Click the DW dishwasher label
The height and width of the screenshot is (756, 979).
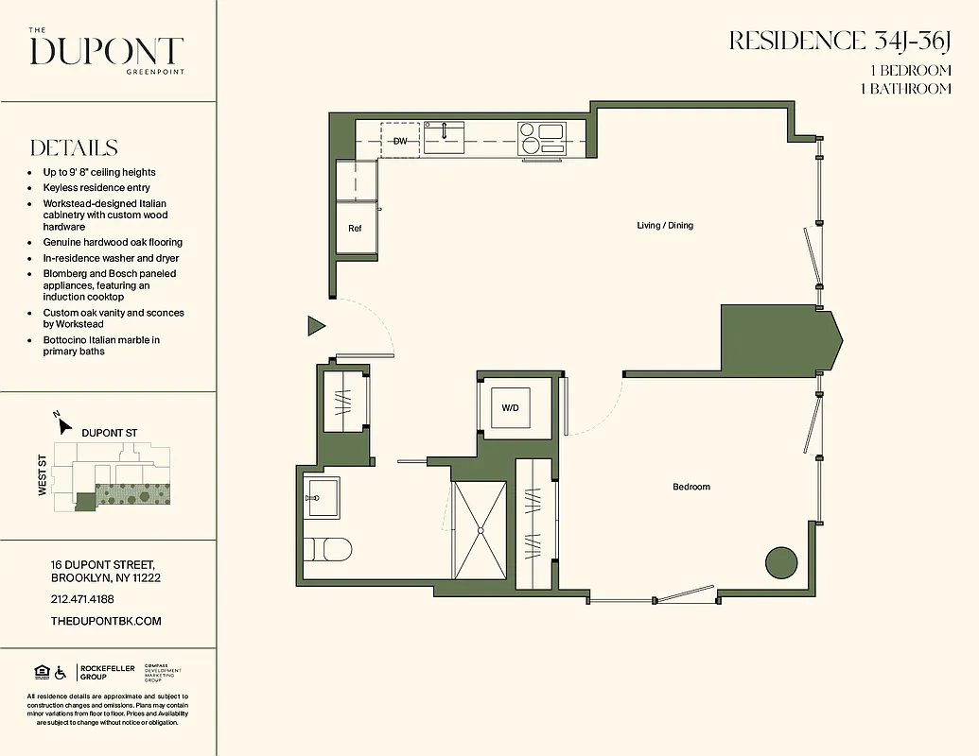pyautogui.click(x=400, y=141)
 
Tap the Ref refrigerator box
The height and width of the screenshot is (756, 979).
pyautogui.click(x=355, y=229)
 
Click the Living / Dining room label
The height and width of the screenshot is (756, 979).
pyautogui.click(x=664, y=225)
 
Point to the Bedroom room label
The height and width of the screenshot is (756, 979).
pyautogui.click(x=691, y=487)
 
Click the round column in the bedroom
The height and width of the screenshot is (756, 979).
pyautogui.click(x=780, y=561)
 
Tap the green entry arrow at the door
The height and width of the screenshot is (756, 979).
pyautogui.click(x=316, y=327)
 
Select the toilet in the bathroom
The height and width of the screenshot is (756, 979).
pyautogui.click(x=327, y=549)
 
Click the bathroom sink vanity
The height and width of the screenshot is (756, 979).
pyautogui.click(x=323, y=497)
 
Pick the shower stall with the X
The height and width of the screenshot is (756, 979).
pyautogui.click(x=481, y=530)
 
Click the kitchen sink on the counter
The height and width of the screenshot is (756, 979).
pyautogui.click(x=444, y=137)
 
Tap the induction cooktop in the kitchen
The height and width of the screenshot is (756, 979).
pyautogui.click(x=541, y=138)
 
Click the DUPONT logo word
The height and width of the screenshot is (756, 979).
pyautogui.click(x=106, y=52)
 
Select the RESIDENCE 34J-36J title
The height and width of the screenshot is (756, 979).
pyautogui.click(x=839, y=41)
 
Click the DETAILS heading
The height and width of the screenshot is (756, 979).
pyautogui.click(x=74, y=148)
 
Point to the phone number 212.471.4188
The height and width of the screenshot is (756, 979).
pyautogui.click(x=82, y=599)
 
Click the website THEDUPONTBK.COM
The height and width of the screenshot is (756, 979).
pyautogui.click(x=106, y=621)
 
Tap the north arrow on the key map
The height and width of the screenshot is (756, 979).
pyautogui.click(x=63, y=425)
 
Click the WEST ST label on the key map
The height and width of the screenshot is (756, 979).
pyautogui.click(x=44, y=478)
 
